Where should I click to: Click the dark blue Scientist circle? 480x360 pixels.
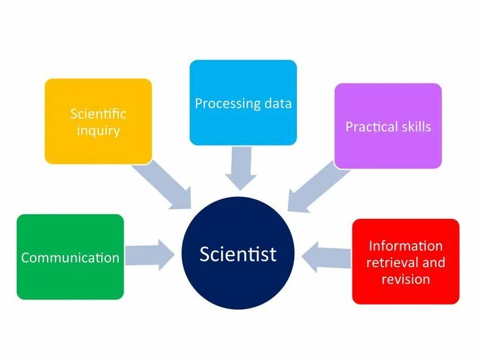(238, 253)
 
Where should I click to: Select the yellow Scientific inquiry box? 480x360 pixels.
(98, 122)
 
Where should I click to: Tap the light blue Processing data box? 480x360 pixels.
(243, 103)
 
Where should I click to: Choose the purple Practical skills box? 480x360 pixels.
(388, 125)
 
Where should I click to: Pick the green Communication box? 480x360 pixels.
(71, 257)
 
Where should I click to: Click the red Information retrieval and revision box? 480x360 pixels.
(406, 261)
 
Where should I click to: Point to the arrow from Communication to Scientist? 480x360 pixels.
(150, 254)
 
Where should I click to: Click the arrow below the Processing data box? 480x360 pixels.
(241, 169)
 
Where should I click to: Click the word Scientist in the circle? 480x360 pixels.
(238, 254)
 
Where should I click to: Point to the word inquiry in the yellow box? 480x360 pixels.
(98, 131)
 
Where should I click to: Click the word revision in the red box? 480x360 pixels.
(406, 278)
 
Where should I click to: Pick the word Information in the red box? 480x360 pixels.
(406, 246)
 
